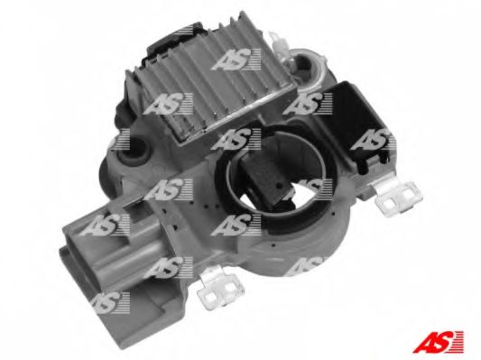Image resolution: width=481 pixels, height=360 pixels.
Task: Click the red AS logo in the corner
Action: pyautogui.click(x=438, y=341)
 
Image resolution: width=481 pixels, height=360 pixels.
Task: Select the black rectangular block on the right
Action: pyautogui.click(x=356, y=123)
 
